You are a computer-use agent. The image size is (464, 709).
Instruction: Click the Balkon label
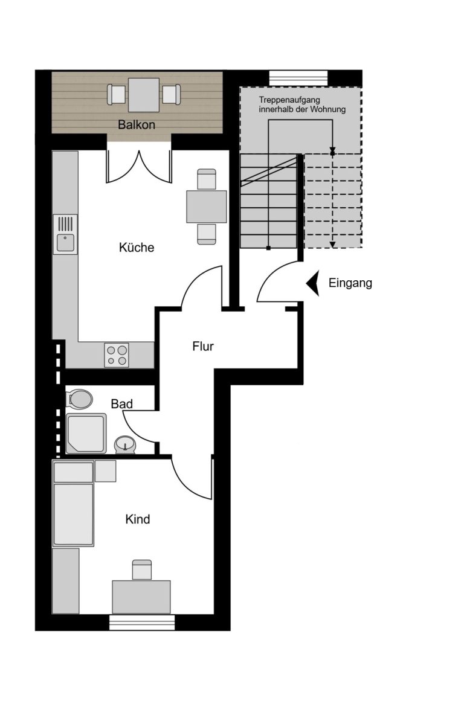[x=137, y=125]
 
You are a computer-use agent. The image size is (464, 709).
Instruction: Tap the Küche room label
[x=137, y=248]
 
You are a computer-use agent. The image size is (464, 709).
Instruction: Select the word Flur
[x=203, y=347]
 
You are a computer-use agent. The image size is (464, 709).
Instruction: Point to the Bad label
[x=121, y=404]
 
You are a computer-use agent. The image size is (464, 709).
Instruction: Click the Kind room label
[x=138, y=519]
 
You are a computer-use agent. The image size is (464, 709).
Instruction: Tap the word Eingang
[x=350, y=283]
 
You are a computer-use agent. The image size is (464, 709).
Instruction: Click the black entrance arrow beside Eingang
[x=313, y=283]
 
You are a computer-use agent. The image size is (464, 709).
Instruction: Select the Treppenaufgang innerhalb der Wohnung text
[x=302, y=104]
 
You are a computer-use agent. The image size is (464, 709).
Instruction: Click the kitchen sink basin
[x=66, y=243]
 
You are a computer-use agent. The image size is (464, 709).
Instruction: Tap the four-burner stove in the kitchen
[x=117, y=355]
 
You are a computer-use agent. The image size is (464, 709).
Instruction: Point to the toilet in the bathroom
[x=80, y=399]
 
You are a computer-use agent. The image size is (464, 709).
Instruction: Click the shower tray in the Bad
[x=86, y=433]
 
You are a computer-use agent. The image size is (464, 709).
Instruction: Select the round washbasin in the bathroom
[x=125, y=444]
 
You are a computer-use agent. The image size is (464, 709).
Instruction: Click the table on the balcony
[x=144, y=95]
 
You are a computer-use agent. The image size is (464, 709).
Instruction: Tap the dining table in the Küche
[x=207, y=207]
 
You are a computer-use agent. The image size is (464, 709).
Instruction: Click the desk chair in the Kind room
[x=142, y=569]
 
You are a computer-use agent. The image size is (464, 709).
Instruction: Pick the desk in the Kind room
[x=141, y=597]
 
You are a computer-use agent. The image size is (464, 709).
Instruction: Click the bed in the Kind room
[x=73, y=503]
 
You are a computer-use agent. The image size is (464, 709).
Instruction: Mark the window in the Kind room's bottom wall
[x=142, y=622]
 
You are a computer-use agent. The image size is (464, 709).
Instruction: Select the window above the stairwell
[x=298, y=77]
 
